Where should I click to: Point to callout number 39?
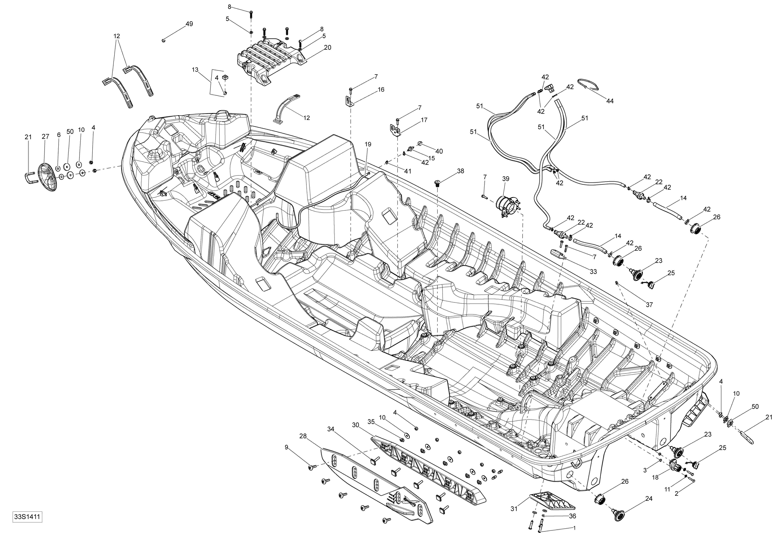pos(506,179)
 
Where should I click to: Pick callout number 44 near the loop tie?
pos(610,101)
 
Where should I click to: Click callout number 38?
pos(460,171)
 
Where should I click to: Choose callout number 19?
pos(368,144)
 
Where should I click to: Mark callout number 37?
pos(649,305)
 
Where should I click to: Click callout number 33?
pos(593,271)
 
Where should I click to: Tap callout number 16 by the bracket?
pos(381,90)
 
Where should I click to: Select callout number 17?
pos(424,120)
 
